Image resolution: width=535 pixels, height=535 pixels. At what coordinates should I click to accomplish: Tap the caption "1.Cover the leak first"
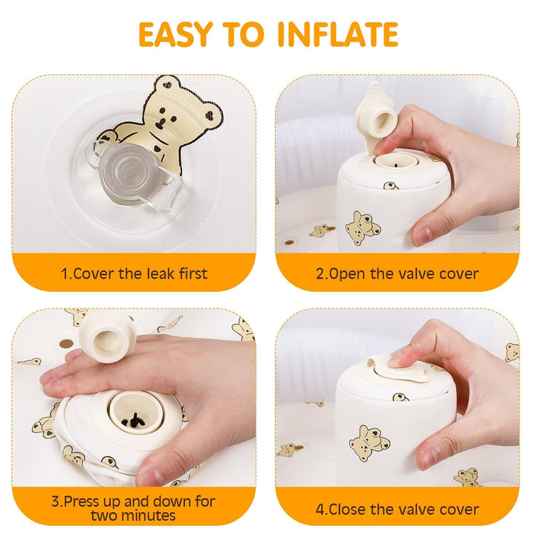click(x=134, y=273)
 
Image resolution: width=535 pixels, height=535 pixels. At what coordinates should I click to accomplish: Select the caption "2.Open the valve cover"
click(x=398, y=273)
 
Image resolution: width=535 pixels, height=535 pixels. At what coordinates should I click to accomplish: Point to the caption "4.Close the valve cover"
click(x=398, y=510)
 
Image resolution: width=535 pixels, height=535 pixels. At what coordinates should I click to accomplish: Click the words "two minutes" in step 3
click(x=134, y=516)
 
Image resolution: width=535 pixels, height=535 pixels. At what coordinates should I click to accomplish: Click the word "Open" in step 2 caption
click(x=348, y=273)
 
